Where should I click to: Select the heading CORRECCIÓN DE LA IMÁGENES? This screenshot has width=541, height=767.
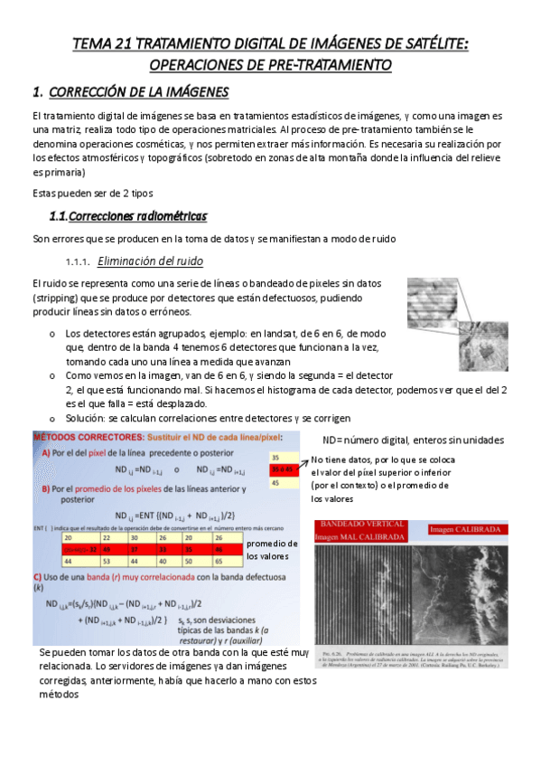(x=138, y=92)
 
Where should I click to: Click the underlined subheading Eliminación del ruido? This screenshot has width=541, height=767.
(x=149, y=261)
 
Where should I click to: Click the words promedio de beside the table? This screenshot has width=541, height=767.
(x=271, y=544)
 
